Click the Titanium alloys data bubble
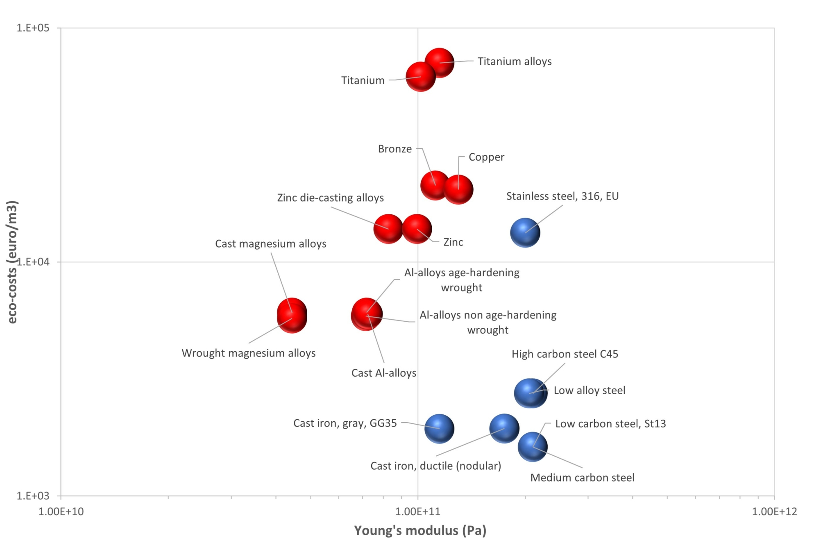click(439, 63)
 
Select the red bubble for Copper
click(458, 189)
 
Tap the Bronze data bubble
click(435, 185)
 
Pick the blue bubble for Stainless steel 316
click(525, 233)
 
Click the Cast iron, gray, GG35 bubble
click(439, 429)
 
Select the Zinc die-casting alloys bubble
click(388, 229)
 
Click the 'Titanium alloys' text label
click(515, 61)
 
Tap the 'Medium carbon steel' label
click(582, 477)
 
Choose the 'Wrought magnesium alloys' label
click(249, 353)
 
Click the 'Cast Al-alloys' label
click(384, 373)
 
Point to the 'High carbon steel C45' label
click(565, 354)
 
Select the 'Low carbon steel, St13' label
click(610, 424)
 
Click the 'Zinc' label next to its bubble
click(453, 242)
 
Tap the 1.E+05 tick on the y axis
click(33, 28)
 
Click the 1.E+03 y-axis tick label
click(33, 496)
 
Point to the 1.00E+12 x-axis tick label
click(774, 511)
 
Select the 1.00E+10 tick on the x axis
click(61, 511)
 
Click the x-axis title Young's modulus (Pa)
click(420, 530)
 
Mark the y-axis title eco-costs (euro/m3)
click(12, 262)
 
